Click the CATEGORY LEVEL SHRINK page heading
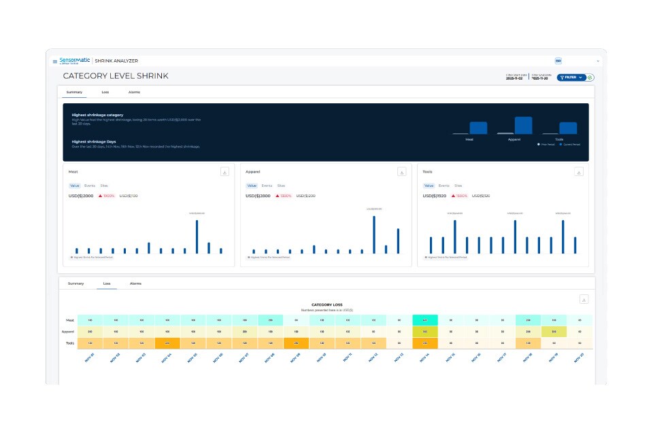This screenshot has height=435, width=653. tap(116, 76)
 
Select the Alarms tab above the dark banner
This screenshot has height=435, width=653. tap(134, 91)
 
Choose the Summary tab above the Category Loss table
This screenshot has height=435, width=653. tap(76, 283)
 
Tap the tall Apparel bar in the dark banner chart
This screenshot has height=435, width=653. tap(523, 125)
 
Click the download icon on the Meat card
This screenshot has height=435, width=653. tap(224, 172)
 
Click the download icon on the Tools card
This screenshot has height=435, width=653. tap(579, 172)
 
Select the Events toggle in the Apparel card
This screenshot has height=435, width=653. tap(267, 186)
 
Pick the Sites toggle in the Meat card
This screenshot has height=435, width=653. tap(104, 186)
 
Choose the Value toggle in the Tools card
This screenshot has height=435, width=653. tap(429, 186)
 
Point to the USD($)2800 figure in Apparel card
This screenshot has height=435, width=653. tap(259, 196)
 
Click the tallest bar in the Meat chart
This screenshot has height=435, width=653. tap(197, 237)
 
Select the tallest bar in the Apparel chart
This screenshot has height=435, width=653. tap(373, 234)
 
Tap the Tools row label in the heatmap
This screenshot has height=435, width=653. tap(70, 343)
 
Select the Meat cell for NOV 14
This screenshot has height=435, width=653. tap(425, 319)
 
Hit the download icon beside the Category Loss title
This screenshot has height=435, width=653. tap(584, 300)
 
